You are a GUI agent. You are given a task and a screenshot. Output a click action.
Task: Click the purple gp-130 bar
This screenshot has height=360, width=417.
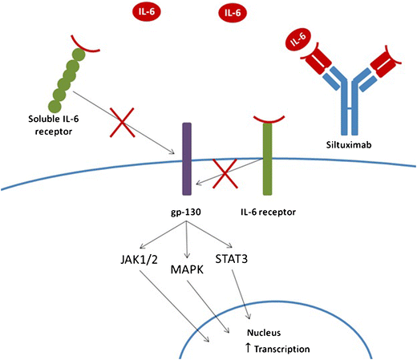187,160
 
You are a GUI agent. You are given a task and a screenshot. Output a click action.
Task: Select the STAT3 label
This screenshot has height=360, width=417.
233,258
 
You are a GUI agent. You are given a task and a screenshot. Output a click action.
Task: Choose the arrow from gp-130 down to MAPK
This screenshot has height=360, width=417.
187,241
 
